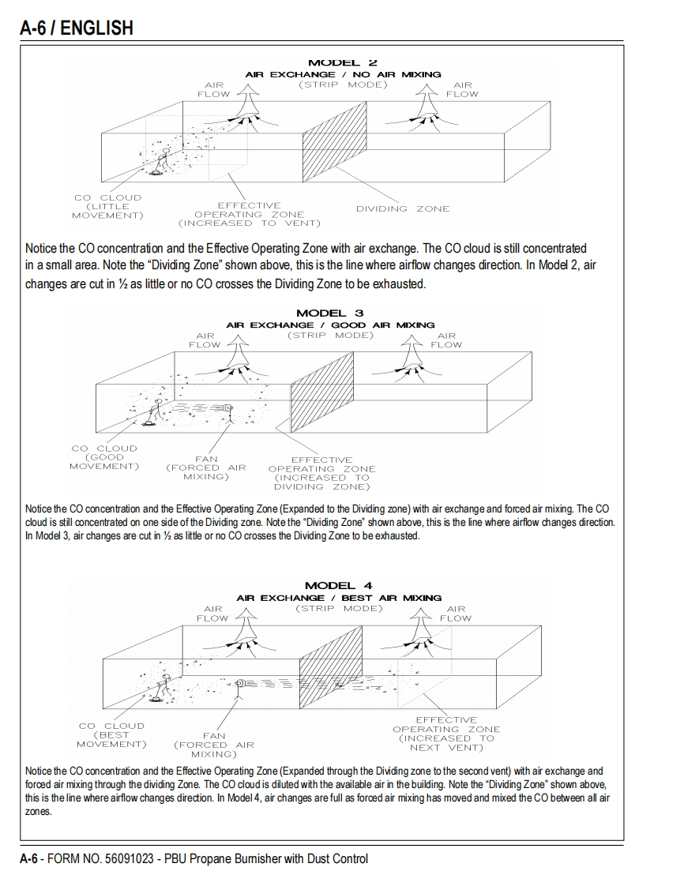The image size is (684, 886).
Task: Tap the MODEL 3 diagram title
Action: coord(329,313)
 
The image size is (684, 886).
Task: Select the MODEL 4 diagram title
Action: coord(338,585)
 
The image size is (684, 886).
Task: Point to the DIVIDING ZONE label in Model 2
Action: coord(402,208)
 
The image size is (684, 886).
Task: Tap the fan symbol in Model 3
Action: coord(227,407)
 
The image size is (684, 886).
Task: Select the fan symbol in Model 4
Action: coord(240,683)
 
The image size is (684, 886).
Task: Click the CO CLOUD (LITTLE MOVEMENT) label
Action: coord(107,206)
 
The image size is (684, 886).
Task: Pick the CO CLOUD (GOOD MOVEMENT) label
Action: coord(104,457)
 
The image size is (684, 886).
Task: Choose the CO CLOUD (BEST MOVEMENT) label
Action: coord(111,735)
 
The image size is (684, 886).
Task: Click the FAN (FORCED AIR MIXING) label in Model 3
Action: coord(206,467)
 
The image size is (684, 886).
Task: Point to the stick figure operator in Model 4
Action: coord(164,685)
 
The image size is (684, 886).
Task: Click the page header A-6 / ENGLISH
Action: coord(77,28)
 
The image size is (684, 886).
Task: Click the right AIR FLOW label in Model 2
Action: coord(462,89)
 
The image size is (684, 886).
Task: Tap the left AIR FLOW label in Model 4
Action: coord(212,614)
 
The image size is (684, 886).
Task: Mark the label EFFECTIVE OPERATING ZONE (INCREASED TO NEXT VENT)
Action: coord(446,734)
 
